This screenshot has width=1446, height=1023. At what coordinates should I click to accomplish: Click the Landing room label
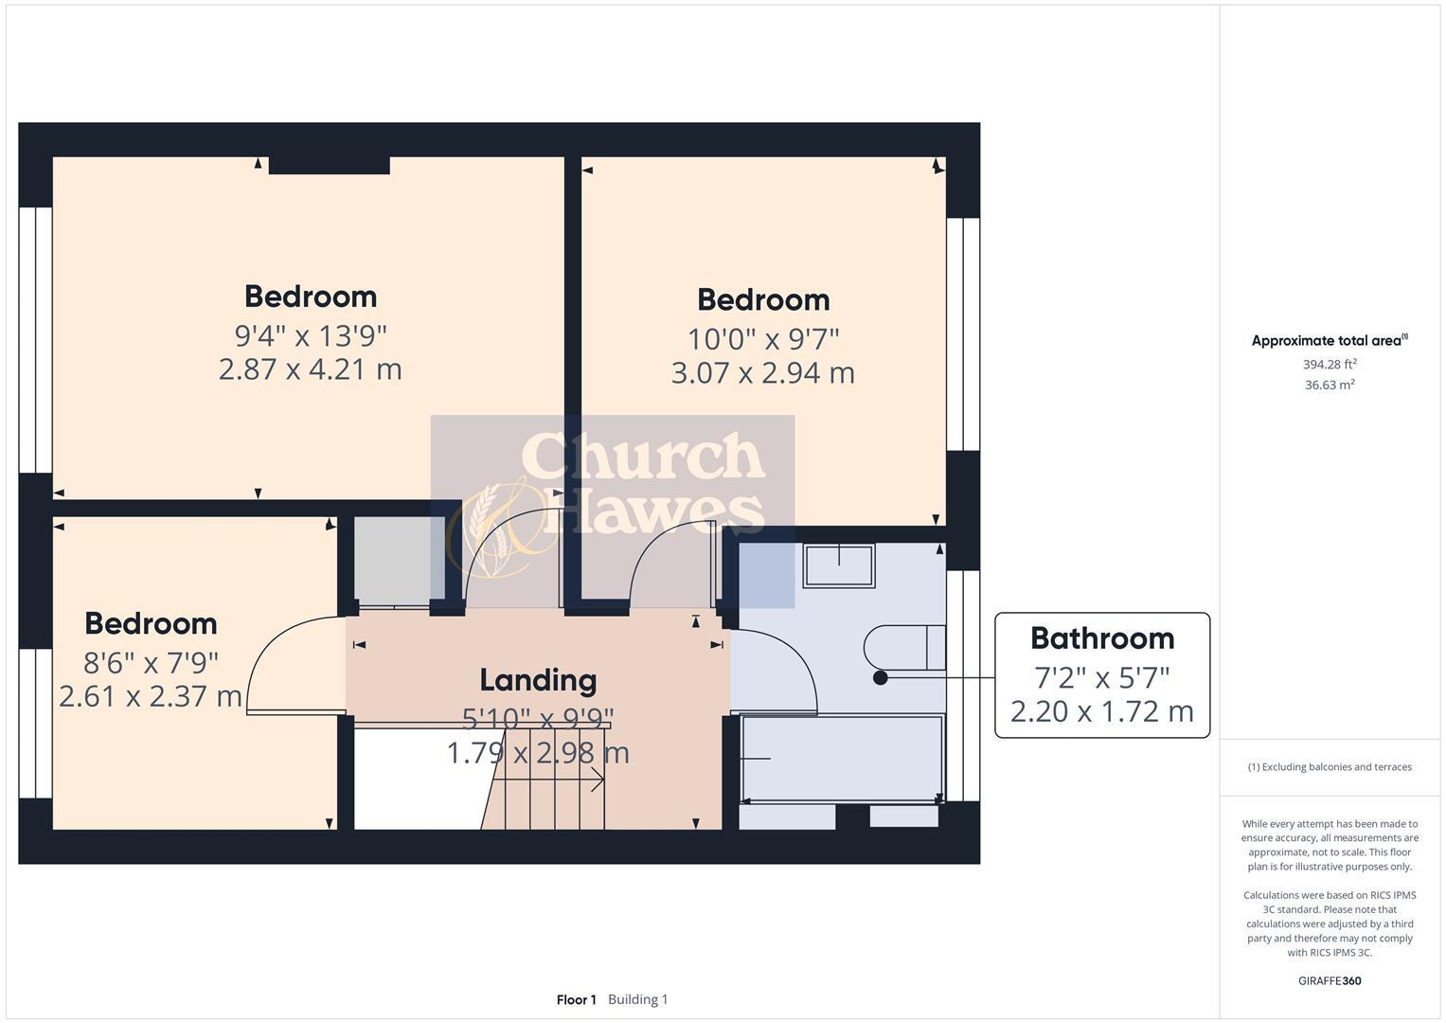pyautogui.click(x=538, y=680)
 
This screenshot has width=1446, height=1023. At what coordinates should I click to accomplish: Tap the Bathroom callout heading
pyautogui.click(x=1102, y=638)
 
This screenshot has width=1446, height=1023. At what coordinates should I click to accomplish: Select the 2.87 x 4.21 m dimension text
pyautogui.click(x=311, y=369)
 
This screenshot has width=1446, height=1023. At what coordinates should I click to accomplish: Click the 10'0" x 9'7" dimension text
pyautogui.click(x=763, y=338)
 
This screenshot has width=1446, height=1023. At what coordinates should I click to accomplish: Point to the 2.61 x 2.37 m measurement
pyautogui.click(x=151, y=697)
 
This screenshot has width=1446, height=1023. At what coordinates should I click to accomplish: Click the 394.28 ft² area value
pyautogui.click(x=1330, y=365)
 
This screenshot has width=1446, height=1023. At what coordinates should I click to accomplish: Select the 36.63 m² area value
pyautogui.click(x=1330, y=385)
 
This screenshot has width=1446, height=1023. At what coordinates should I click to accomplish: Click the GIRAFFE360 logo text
pyautogui.click(x=1330, y=980)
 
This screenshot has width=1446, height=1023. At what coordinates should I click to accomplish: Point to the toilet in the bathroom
pyautogui.click(x=904, y=647)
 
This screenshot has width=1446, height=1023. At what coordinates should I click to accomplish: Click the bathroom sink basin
pyautogui.click(x=839, y=565)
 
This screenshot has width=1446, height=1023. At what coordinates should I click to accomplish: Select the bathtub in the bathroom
pyautogui.click(x=842, y=759)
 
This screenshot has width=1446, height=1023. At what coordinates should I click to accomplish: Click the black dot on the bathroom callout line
pyautogui.click(x=881, y=678)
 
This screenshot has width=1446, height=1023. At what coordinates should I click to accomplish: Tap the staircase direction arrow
pyautogui.click(x=597, y=780)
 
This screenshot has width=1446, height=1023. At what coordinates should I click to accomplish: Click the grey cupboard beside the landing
pyautogui.click(x=392, y=561)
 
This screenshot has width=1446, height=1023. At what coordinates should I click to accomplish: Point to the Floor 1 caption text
pyautogui.click(x=576, y=999)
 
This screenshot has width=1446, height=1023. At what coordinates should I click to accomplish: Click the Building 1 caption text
pyautogui.click(x=638, y=999)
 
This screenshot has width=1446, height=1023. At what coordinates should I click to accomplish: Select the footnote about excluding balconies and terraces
pyautogui.click(x=1330, y=767)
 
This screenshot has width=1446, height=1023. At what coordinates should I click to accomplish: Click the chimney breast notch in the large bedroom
pyautogui.click(x=330, y=166)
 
